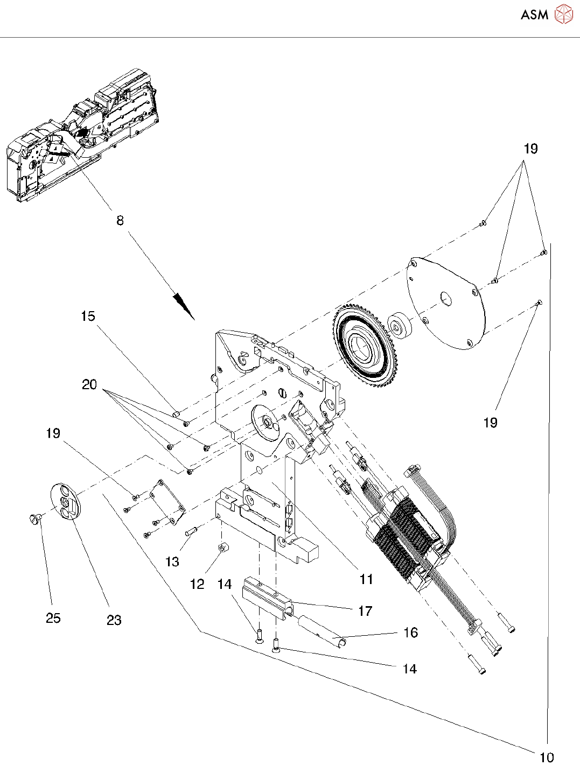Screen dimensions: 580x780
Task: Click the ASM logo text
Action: tap(534, 15)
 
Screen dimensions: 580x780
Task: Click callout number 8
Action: tap(120, 221)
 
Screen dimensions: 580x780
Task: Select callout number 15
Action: tap(88, 316)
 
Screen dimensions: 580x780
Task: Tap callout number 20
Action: tap(89, 384)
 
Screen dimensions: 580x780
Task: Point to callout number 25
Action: tap(53, 618)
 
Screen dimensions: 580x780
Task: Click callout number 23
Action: tap(114, 620)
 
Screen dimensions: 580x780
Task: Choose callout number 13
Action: tap(172, 561)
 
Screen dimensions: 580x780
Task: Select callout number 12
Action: tap(197, 584)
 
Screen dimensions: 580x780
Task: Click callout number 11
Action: tap(366, 579)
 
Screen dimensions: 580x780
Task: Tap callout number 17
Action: tap(365, 611)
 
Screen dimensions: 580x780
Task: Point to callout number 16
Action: tap(410, 633)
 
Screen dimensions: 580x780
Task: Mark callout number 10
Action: tap(547, 757)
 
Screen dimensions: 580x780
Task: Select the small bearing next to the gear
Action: tap(400, 328)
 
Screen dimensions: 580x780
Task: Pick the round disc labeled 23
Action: tap(66, 501)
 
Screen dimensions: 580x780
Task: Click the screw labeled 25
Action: tap(34, 517)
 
